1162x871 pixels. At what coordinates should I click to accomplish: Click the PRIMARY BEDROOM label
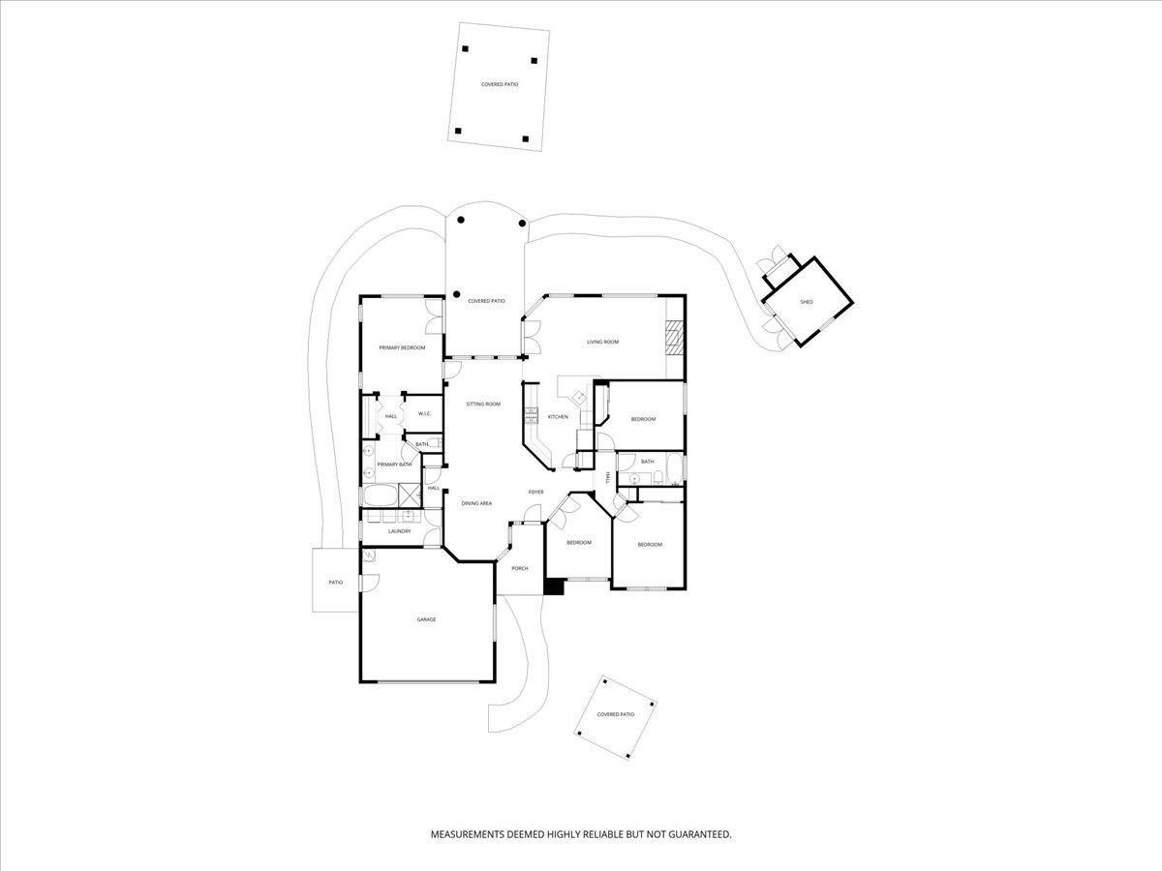pos(402,347)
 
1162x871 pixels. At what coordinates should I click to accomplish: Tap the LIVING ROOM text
pos(602,342)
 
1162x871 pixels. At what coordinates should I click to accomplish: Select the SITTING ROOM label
pos(483,404)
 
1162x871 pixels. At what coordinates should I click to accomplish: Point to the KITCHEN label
pos(558,417)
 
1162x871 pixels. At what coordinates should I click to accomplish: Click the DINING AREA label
pos(476,503)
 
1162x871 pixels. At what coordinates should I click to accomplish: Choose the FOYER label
pos(535,492)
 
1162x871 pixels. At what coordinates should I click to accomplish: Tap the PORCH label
pos(520,568)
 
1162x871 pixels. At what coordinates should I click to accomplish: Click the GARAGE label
pos(426,619)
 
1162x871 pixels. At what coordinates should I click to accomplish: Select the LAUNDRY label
pos(399,531)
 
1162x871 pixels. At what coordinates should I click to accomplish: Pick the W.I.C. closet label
pos(424,413)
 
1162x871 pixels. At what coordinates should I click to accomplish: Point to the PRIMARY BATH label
pos(394,465)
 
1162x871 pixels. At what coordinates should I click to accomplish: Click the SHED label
pos(807,302)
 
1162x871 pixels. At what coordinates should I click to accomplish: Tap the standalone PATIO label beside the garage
pos(336,583)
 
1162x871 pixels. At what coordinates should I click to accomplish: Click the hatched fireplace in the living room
pos(674,338)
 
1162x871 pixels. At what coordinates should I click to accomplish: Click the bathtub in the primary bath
pos(380,496)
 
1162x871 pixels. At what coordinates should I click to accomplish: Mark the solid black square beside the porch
pos(554,586)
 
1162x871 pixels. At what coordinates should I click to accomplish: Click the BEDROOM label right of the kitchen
pos(643,419)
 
